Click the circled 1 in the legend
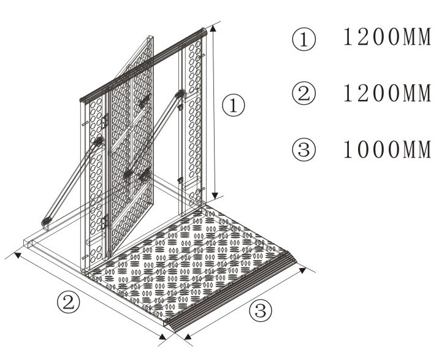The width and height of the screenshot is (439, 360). point(303,39)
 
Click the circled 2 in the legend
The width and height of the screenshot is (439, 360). point(303,94)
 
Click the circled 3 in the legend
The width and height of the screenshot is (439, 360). point(303,149)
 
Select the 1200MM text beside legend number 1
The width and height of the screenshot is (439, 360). point(387,37)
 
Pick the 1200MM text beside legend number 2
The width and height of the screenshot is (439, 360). point(387,93)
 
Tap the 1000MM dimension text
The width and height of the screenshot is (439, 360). point(387,149)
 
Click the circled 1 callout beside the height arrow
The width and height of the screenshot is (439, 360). point(233,105)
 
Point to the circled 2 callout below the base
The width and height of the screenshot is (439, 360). point(68,302)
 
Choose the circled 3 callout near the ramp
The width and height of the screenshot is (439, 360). point(261,310)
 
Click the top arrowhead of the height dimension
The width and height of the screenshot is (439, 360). point(213,28)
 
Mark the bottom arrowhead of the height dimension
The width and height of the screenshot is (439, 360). point(215,196)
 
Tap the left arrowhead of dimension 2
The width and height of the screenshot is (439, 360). point(18,255)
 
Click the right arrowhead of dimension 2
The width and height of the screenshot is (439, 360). point(163,337)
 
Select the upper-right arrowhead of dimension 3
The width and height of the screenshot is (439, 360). point(303,270)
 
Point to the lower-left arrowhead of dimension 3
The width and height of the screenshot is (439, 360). point(188,337)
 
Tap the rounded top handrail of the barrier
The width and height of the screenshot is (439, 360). point(143,65)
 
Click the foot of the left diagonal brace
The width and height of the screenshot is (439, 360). point(46,222)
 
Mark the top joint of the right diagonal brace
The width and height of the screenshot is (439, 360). point(180,94)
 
